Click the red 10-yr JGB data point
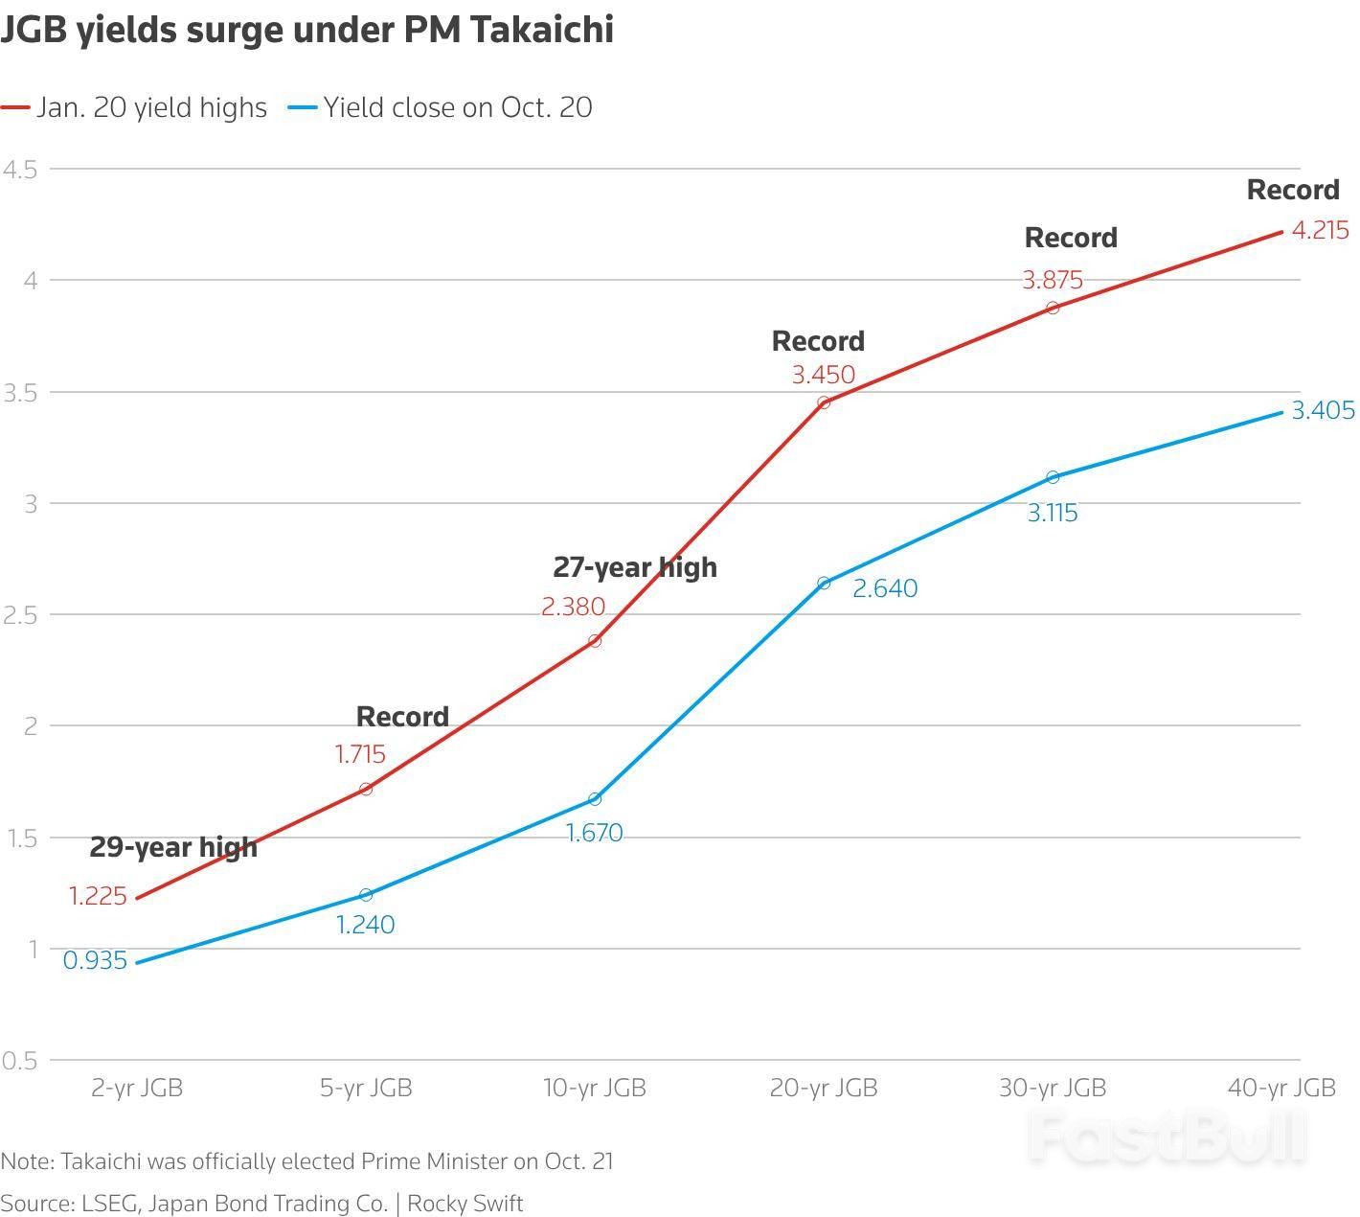(595, 640)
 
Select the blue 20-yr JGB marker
(824, 583)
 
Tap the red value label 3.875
(1052, 280)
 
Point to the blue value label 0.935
(95, 960)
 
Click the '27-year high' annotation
(634, 567)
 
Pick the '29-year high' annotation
(173, 847)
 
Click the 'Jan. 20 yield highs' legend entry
(151, 107)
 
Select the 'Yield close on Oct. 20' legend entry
(457, 107)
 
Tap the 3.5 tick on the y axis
(19, 392)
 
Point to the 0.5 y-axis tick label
(19, 1060)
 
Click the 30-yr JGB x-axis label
(1053, 1088)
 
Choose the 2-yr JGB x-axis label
(137, 1088)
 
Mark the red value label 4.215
(1320, 230)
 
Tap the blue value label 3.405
(1323, 411)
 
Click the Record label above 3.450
(818, 341)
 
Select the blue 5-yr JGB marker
(366, 894)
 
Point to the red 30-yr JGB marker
(1053, 308)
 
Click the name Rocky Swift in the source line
(465, 1203)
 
